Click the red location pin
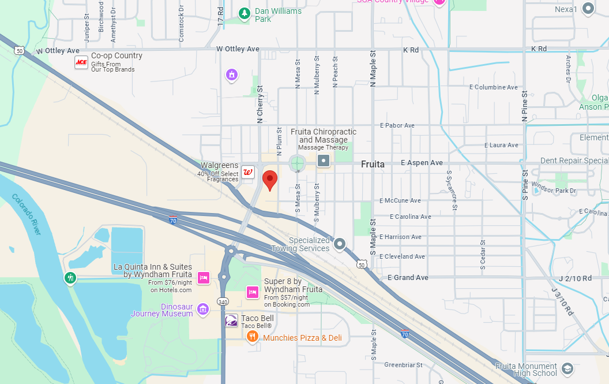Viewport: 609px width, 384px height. click(x=270, y=180)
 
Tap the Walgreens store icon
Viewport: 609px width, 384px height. click(x=248, y=172)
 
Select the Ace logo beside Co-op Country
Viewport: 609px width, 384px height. click(x=81, y=62)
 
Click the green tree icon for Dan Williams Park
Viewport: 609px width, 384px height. click(x=245, y=13)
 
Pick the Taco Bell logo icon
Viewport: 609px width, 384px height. click(x=231, y=321)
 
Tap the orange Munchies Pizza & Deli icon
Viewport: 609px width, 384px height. click(x=252, y=337)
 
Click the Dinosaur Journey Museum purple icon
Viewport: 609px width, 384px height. click(x=202, y=310)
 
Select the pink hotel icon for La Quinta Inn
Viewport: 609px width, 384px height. click(x=203, y=278)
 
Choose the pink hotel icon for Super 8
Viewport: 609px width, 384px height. click(x=252, y=292)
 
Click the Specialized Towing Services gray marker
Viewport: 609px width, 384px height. click(x=340, y=244)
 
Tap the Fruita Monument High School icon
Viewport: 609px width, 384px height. click(x=567, y=368)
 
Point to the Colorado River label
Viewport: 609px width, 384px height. click(x=27, y=214)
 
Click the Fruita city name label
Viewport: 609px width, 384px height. click(x=373, y=164)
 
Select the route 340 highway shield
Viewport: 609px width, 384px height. click(x=223, y=301)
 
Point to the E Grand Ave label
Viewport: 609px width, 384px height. click(x=408, y=278)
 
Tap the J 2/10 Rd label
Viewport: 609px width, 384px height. click(x=571, y=278)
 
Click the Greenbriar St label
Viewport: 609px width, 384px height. click(x=404, y=365)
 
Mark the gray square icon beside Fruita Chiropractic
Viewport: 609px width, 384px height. click(x=324, y=161)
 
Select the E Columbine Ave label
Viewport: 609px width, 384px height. click(x=494, y=87)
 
